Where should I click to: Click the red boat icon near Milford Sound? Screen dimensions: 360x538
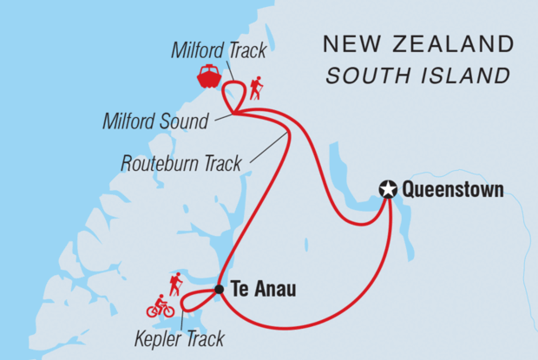click(x=209, y=76)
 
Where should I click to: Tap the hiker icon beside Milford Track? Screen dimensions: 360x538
click(x=255, y=88)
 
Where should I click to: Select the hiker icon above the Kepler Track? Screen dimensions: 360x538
click(x=175, y=284)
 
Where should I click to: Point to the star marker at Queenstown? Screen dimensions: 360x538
click(x=388, y=189)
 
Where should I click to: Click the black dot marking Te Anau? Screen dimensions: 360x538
click(x=220, y=290)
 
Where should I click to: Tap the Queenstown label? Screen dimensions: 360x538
click(x=453, y=189)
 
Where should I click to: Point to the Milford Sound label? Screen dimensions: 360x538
click(x=165, y=121)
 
